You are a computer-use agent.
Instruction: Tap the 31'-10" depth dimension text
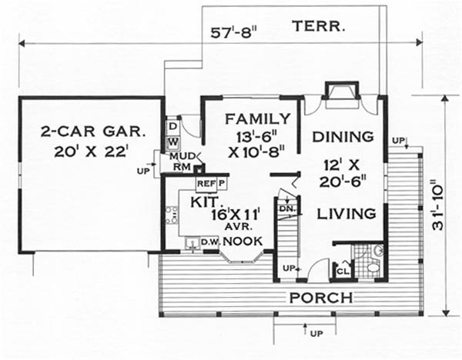tap(438, 208)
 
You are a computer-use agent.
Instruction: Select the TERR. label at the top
tap(319, 26)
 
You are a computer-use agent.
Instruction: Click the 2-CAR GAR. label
tap(93, 132)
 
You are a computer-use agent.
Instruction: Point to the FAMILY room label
tap(258, 119)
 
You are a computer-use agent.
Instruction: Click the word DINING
tap(343, 137)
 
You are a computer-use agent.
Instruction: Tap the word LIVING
tap(346, 214)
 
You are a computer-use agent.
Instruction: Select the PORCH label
tap(321, 298)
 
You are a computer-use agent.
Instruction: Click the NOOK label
tap(243, 242)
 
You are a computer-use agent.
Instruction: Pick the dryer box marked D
tap(173, 127)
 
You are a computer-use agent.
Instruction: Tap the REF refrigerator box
tap(206, 184)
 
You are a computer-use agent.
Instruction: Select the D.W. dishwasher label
tap(210, 242)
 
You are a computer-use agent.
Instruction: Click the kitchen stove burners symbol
tap(172, 215)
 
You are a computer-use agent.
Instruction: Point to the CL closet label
tap(343, 271)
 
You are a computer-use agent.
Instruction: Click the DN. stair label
tap(286, 208)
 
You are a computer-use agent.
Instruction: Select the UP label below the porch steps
tap(316, 334)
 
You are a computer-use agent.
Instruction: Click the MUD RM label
tap(182, 162)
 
